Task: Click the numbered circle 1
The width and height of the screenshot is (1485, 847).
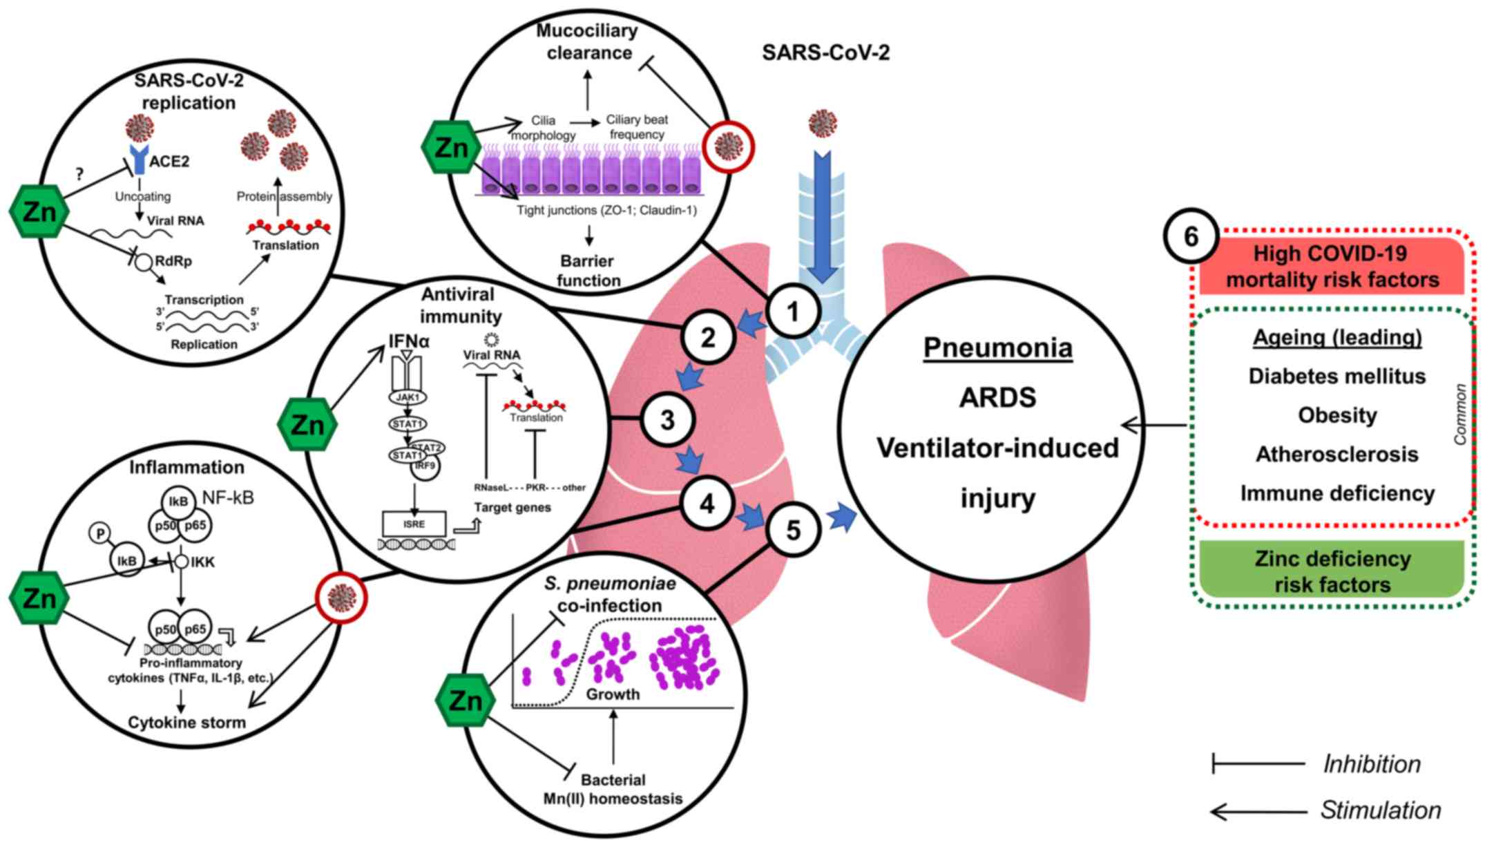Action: (x=794, y=312)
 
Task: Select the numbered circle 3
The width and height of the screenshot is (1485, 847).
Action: (x=667, y=420)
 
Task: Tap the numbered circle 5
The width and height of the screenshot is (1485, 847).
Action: (x=794, y=530)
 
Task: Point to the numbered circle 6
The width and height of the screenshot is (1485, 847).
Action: (x=1191, y=236)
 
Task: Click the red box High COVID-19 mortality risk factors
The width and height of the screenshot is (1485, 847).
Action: (x=1332, y=267)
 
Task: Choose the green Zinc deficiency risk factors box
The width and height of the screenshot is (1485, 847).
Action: (x=1332, y=571)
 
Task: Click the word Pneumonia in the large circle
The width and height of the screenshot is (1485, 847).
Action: (x=998, y=347)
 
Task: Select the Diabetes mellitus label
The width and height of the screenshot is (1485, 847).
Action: (x=1337, y=376)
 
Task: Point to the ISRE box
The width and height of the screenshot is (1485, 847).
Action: (x=414, y=524)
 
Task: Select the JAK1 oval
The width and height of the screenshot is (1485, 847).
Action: (x=408, y=397)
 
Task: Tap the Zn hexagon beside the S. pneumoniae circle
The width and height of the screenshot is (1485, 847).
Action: (x=466, y=700)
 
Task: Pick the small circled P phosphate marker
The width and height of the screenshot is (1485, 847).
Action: (x=101, y=533)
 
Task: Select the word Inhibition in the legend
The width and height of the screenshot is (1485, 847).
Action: (x=1372, y=764)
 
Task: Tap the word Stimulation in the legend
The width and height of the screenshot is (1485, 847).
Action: (x=1381, y=810)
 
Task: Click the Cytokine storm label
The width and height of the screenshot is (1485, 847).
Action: (x=186, y=723)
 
